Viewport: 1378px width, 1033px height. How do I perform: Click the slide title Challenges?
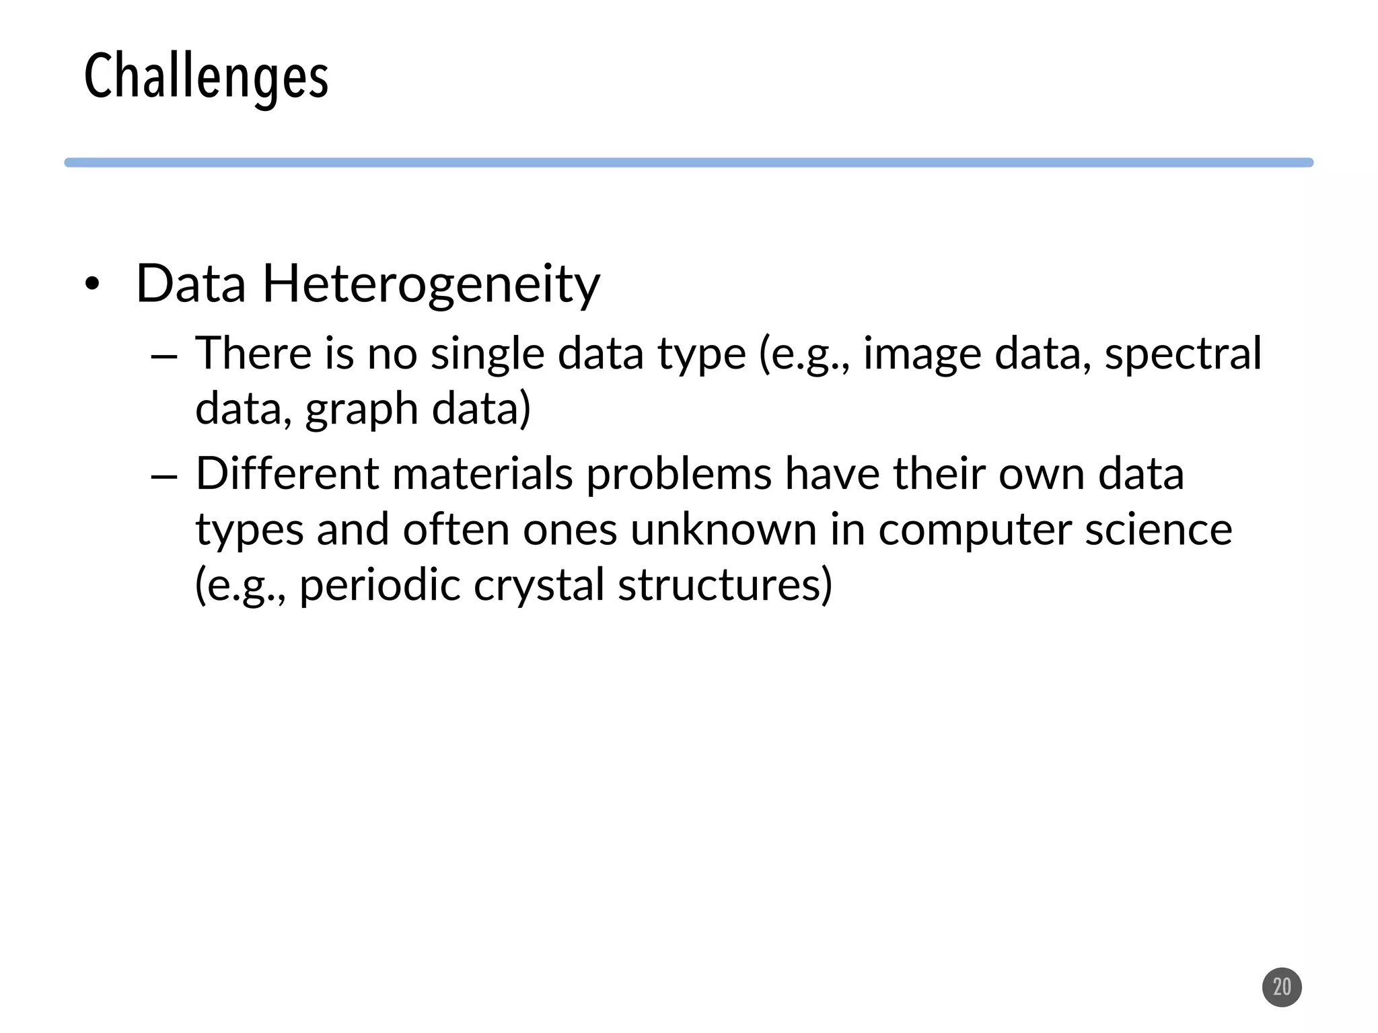tap(206, 77)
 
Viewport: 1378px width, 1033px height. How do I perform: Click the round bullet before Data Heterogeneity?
tap(92, 285)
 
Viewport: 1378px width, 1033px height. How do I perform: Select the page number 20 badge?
tap(1282, 987)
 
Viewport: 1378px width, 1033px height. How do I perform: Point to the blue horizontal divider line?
tap(688, 163)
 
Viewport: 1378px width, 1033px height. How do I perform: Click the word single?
tap(487, 354)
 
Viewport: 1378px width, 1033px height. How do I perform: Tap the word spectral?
tap(1183, 354)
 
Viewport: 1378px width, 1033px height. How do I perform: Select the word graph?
tap(362, 409)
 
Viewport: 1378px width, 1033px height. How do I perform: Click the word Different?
tap(287, 473)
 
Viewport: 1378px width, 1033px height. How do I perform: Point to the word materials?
tap(482, 473)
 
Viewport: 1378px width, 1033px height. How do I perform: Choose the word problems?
tap(679, 473)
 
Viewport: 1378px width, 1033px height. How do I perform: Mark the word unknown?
tap(723, 529)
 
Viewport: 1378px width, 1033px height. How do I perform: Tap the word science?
tap(1159, 529)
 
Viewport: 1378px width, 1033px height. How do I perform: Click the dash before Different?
tap(164, 476)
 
